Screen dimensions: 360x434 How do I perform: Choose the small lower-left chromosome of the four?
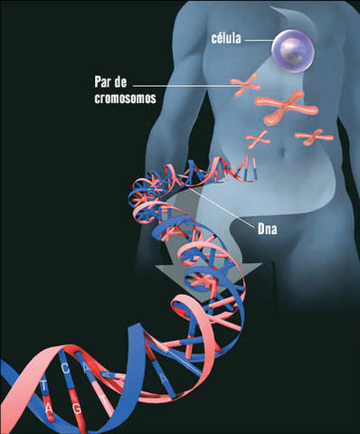tap(260, 139)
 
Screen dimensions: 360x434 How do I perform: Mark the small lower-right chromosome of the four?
tap(313, 137)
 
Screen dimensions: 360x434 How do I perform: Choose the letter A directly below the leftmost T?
tap(47, 407)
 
